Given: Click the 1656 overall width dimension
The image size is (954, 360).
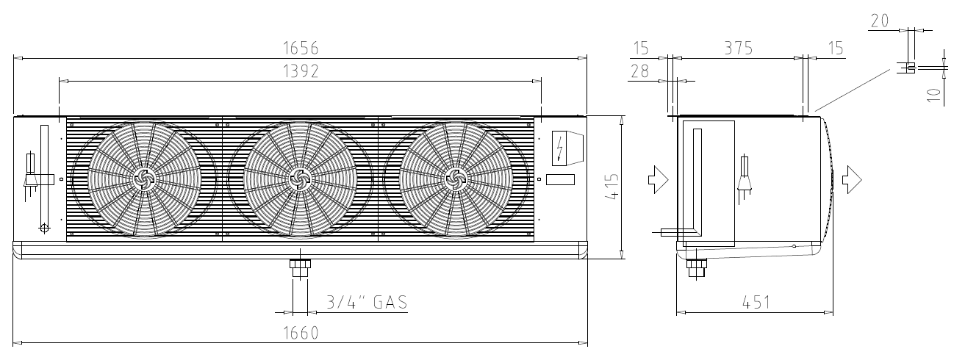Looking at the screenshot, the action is tap(301, 48).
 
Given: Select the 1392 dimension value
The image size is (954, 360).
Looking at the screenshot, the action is tap(301, 71).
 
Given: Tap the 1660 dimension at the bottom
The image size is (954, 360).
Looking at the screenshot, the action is tap(301, 333).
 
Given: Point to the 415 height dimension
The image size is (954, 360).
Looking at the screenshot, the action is tap(612, 187).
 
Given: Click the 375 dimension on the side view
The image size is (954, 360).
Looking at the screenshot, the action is tap(739, 48).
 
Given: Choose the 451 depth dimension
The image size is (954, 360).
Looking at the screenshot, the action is tap(756, 303).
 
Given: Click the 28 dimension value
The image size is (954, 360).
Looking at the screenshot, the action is tap(639, 71).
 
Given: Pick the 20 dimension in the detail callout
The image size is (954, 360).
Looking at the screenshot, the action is tap(880, 21).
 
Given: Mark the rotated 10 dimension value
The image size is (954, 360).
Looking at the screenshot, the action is tap(933, 95).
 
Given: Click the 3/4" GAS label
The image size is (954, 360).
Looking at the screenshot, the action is tap(367, 302).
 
